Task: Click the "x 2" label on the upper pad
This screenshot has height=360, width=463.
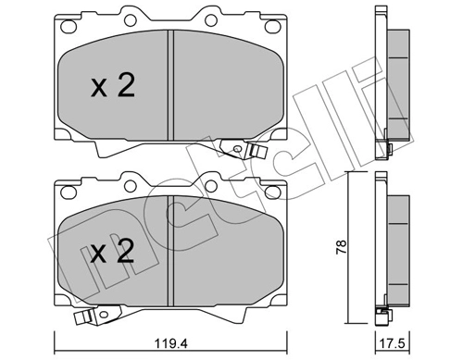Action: pyautogui.click(x=113, y=86)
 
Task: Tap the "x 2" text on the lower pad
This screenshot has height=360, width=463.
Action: pyautogui.click(x=113, y=253)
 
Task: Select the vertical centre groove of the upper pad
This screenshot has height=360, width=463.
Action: pyautogui.click(x=170, y=83)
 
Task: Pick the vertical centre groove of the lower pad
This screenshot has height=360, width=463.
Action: pyautogui.click(x=170, y=252)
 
